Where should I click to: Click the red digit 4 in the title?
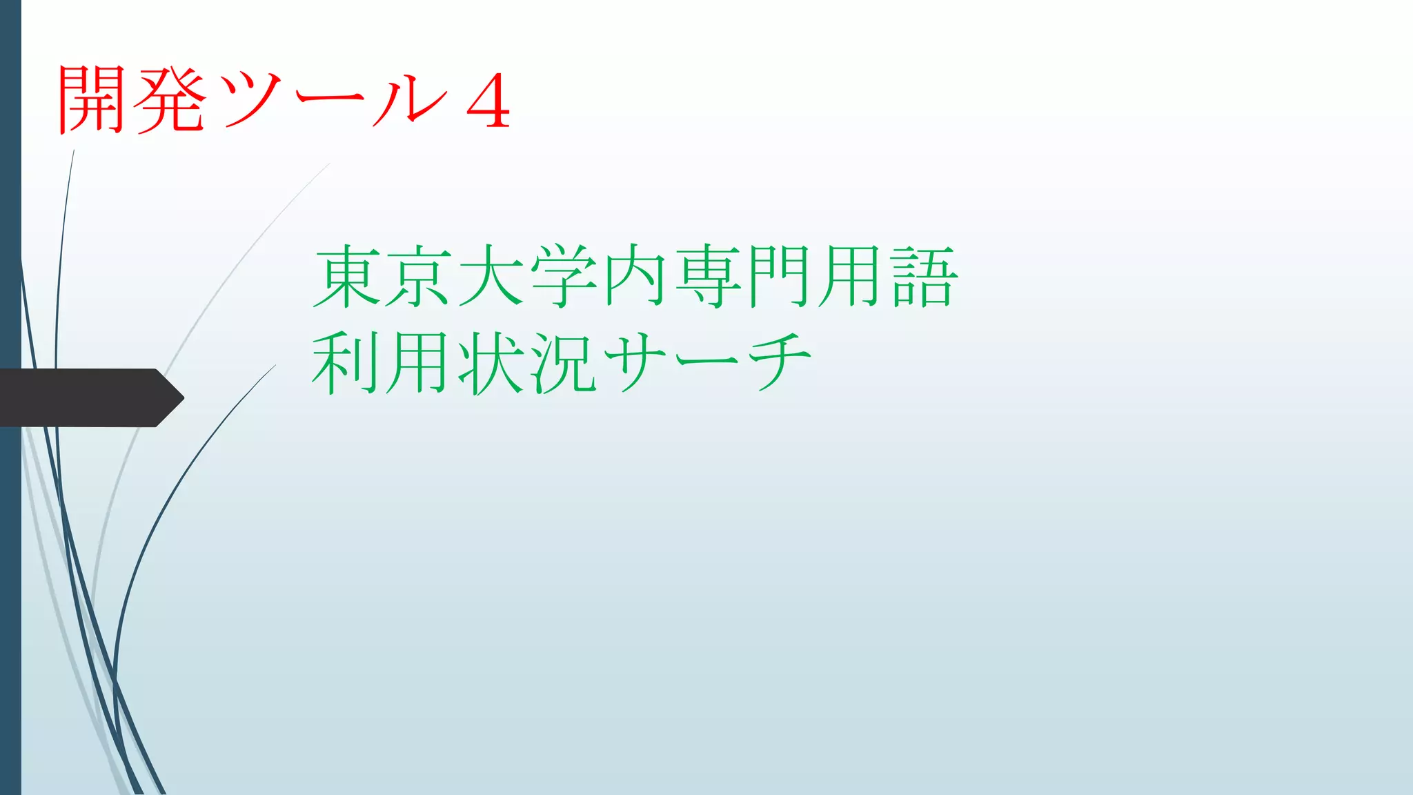pyautogui.click(x=488, y=102)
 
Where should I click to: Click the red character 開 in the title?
pyautogui.click(x=92, y=99)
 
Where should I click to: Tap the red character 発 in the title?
pyautogui.click(x=170, y=99)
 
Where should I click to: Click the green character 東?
pyautogui.click(x=348, y=276)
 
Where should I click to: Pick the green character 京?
pyautogui.click(x=419, y=276)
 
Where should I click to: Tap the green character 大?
pyautogui.click(x=491, y=276)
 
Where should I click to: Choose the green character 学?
pyautogui.click(x=564, y=276)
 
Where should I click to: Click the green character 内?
pyautogui.click(x=635, y=276)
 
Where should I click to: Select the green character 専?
pyautogui.click(x=708, y=276)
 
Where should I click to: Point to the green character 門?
pyautogui.click(x=780, y=276)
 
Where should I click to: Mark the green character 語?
pyautogui.click(x=924, y=276)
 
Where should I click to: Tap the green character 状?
pyautogui.click(x=491, y=363)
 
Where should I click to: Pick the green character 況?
pyautogui.click(x=564, y=363)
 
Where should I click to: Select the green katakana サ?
pyautogui.click(x=635, y=363)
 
